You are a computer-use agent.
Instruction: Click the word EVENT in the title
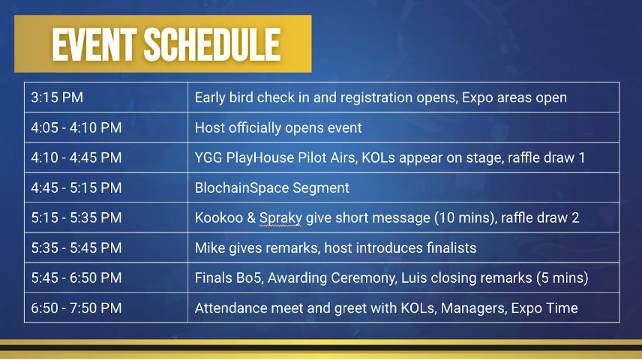[94, 45]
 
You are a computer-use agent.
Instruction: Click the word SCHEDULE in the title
[212, 45]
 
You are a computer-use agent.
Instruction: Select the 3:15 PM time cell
[106, 97]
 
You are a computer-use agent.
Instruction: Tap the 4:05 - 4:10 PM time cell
[106, 127]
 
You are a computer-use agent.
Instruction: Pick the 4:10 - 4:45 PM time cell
[106, 157]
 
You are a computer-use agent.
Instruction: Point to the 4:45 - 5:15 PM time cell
[106, 187]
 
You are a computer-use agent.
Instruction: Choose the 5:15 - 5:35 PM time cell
[106, 217]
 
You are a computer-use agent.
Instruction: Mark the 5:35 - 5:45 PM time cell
[106, 247]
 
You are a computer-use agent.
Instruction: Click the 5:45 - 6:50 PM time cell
[106, 277]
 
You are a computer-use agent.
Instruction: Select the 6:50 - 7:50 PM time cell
[106, 308]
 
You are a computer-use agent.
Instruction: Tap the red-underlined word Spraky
[280, 218]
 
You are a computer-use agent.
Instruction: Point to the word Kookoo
[219, 218]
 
